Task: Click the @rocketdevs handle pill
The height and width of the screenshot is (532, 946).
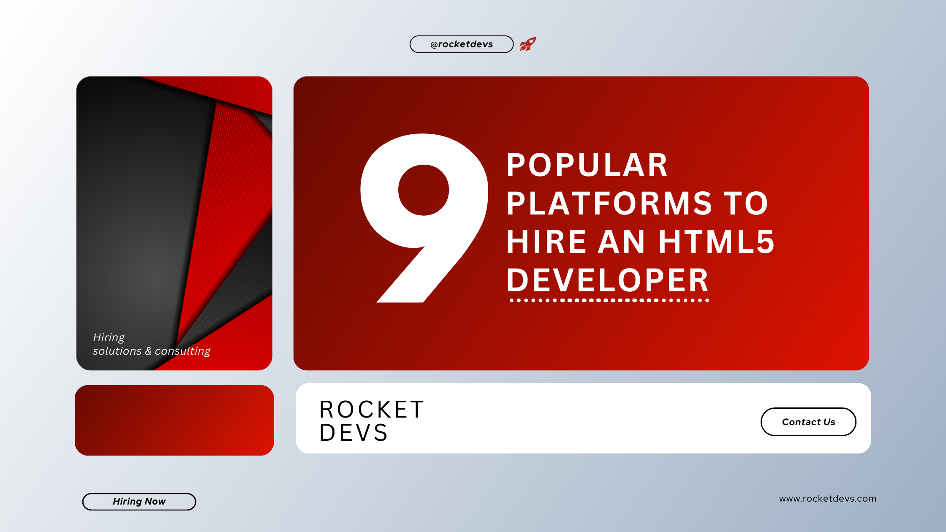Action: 461,44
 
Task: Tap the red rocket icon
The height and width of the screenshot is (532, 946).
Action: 527,44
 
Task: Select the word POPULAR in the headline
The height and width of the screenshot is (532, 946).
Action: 587,165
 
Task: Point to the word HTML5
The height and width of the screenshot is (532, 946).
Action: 717,242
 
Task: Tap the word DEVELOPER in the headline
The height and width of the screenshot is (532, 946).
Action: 607,280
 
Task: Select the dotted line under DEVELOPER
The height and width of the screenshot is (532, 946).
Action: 609,301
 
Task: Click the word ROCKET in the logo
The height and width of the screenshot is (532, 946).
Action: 372,410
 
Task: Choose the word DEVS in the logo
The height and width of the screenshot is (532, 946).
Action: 354,433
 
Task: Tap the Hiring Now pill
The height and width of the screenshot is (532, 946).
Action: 139,502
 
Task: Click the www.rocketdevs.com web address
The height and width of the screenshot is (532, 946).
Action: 827,499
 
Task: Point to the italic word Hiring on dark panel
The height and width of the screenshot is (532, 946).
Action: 109,337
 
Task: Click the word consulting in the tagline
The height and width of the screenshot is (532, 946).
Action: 182,351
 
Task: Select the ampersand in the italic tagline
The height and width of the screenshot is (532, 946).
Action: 148,351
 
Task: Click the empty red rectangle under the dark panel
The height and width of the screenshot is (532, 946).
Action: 174,420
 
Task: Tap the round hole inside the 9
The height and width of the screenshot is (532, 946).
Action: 423,190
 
